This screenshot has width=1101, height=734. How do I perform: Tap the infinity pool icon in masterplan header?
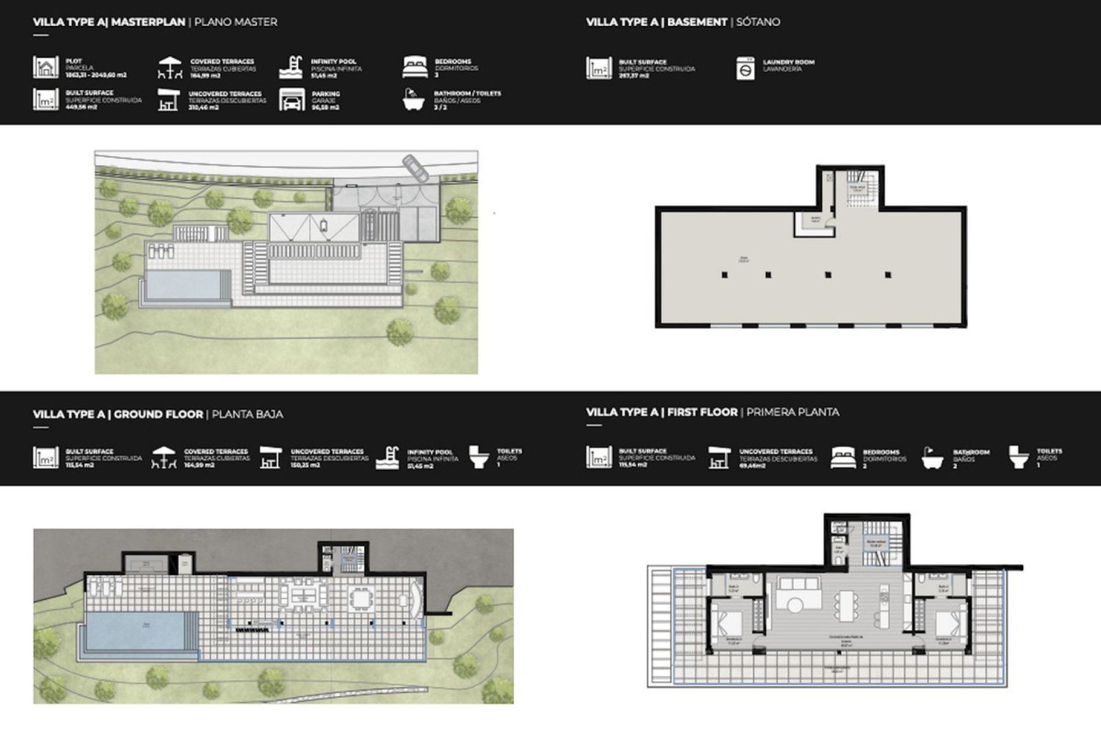(291, 67)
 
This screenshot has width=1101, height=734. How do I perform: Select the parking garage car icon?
(291, 100)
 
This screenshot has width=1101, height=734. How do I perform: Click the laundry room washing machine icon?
(745, 68)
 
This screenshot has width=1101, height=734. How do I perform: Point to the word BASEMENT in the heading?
(697, 22)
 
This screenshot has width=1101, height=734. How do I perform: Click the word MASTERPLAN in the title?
(148, 22)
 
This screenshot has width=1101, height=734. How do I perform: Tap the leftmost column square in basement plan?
(724, 275)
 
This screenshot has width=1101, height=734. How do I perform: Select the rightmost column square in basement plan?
(888, 275)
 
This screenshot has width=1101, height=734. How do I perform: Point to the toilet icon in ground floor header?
(478, 457)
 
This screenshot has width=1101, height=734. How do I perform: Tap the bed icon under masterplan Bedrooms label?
(415, 68)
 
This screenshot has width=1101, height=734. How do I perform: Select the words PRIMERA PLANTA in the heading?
(792, 412)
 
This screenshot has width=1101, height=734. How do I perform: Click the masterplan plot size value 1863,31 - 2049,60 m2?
(96, 75)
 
